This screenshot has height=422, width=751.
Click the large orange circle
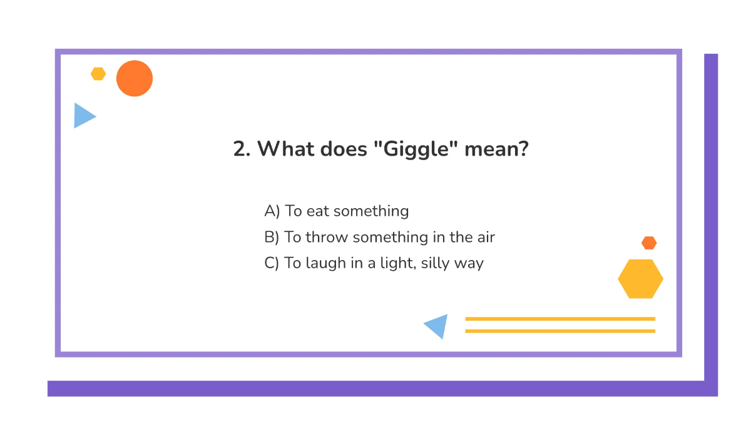click(135, 78)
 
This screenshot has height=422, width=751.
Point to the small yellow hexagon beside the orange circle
click(98, 74)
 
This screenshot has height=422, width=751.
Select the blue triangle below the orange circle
click(83, 116)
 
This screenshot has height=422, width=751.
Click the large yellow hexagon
click(640, 279)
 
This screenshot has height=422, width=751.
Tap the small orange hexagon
click(649, 243)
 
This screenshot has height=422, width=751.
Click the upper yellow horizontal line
click(560, 319)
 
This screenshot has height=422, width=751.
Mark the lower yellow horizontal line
click(560, 331)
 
